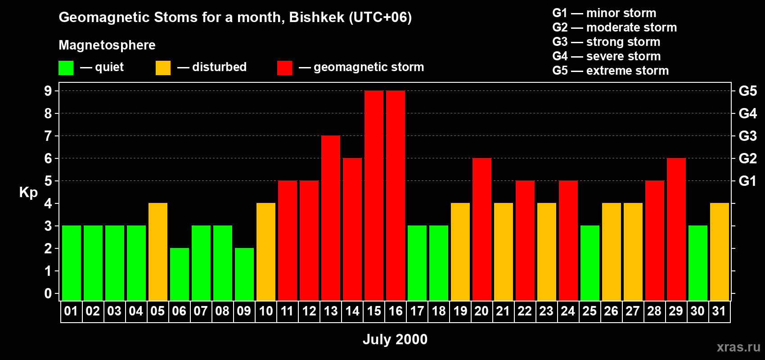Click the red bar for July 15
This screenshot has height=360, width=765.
coord(374,195)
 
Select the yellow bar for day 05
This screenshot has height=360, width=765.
coord(158,252)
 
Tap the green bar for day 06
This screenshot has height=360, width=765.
coord(180,274)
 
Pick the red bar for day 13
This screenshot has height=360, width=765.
coord(331,218)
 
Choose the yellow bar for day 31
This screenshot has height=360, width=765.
coord(720,252)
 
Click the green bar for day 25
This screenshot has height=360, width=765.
coord(590,263)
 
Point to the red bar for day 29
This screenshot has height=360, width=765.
coord(676,229)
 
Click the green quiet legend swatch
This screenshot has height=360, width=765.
coord(66,67)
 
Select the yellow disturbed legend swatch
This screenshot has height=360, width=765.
coord(163,67)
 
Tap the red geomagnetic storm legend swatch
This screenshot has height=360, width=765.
coord(284,67)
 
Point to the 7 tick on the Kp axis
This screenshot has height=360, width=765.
coord(48,136)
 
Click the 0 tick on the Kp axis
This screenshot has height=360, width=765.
coord(48,293)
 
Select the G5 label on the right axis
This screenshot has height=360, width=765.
coord(748,91)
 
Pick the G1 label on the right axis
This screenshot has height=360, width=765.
coord(748,181)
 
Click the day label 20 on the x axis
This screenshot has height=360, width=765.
coord(481,311)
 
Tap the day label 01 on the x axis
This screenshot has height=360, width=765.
coord(71,311)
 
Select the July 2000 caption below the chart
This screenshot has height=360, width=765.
coord(395,339)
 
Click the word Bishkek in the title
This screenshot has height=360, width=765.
coord(317,17)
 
